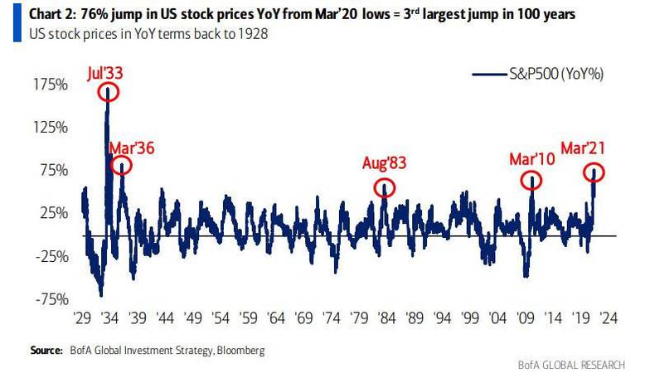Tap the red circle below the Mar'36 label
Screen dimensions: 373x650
click(121, 166)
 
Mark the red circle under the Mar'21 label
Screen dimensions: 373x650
click(594, 172)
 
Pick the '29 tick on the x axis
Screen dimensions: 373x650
click(82, 317)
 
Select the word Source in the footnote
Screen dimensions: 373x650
click(46, 351)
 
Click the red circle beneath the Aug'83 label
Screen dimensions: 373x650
click(384, 188)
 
